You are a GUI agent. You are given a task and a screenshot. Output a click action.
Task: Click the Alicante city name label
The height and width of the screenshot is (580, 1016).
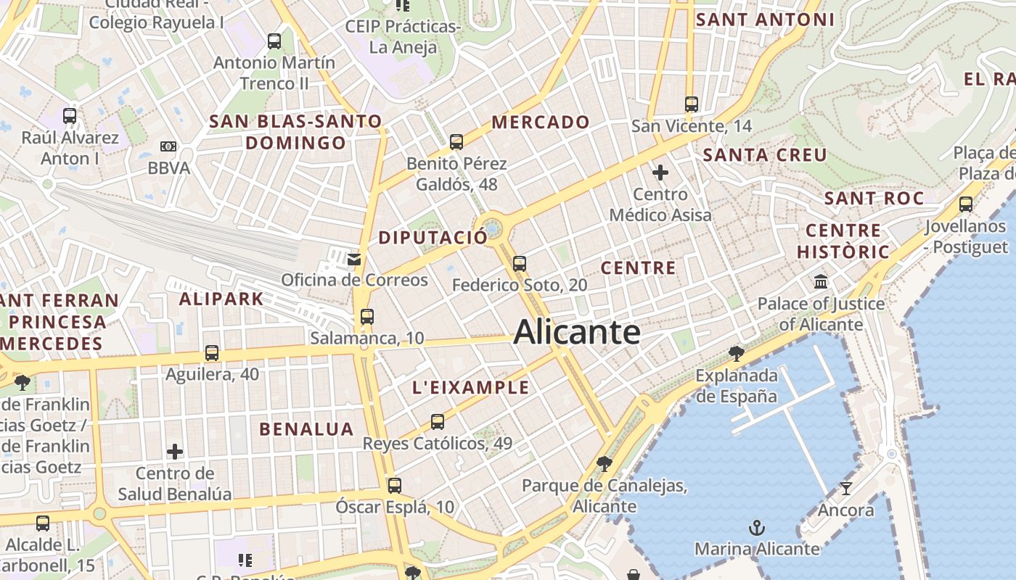click(x=577, y=333)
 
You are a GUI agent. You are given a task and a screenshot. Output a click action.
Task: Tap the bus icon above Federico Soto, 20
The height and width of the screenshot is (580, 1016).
click(x=520, y=264)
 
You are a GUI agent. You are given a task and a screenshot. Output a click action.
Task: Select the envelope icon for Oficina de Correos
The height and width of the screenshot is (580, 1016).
click(x=354, y=260)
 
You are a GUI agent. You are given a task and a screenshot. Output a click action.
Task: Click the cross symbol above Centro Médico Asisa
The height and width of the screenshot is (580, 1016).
click(x=660, y=173)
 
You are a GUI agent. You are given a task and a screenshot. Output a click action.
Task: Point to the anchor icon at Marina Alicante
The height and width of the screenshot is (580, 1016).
click(x=757, y=527)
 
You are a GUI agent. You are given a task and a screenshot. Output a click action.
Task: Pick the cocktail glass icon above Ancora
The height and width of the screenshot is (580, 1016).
click(x=845, y=488)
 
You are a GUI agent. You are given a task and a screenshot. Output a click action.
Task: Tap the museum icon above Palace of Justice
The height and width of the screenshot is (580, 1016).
click(x=821, y=281)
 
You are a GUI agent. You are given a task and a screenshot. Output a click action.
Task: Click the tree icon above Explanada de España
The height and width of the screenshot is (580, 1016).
click(x=737, y=354)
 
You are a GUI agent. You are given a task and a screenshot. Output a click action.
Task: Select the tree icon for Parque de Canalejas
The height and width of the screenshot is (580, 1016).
click(x=604, y=463)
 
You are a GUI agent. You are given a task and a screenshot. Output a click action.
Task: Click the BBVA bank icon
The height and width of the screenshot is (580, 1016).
click(x=168, y=146)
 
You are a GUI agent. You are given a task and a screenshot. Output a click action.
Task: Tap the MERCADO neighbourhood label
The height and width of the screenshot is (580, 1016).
click(x=541, y=122)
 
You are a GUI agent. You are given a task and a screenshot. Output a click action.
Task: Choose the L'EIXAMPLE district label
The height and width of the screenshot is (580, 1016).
click(x=471, y=387)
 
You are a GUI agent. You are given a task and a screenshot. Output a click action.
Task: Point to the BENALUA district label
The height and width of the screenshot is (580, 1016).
click(x=306, y=428)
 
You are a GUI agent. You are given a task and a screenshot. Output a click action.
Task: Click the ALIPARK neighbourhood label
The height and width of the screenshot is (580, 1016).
click(x=221, y=298)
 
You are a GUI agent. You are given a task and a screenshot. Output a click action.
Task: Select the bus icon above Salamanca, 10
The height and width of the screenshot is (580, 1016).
click(x=367, y=317)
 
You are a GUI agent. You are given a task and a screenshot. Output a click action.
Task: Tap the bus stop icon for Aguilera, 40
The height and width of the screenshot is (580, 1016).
click(x=212, y=353)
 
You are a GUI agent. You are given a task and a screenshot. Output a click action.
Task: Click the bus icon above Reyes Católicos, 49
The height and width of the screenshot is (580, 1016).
click(x=438, y=422)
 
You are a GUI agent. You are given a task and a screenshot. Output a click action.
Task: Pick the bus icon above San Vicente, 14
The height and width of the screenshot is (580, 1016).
click(x=692, y=104)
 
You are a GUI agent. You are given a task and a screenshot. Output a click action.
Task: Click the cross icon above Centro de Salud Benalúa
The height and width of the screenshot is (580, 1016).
click(x=175, y=452)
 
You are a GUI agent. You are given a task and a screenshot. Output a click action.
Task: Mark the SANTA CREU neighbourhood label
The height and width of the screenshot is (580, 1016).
click(x=765, y=154)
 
